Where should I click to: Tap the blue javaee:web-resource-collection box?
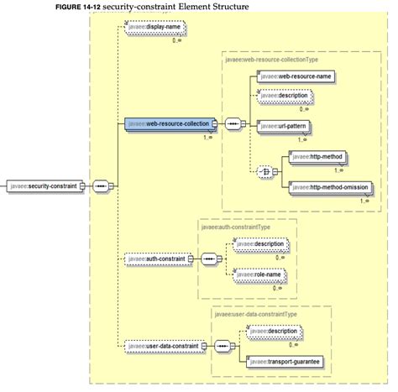point(167,124)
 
